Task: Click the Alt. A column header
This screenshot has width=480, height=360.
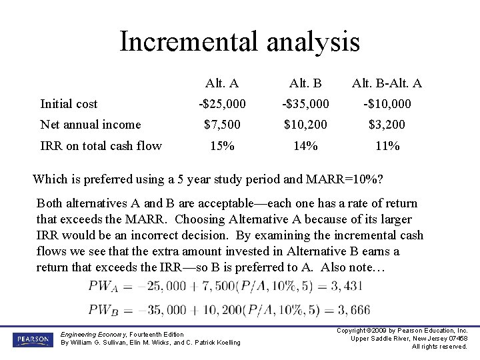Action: click(222, 83)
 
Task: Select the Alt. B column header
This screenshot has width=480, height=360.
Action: click(305, 83)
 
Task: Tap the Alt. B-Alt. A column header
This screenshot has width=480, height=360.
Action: click(387, 83)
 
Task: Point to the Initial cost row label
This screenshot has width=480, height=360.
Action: click(69, 104)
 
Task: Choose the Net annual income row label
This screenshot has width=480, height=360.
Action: click(91, 125)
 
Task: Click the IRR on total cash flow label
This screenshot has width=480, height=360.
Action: click(101, 146)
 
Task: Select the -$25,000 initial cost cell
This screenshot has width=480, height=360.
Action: click(222, 104)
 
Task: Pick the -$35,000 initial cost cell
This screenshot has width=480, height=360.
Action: click(305, 104)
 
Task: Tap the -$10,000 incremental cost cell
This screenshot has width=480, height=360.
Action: click(387, 104)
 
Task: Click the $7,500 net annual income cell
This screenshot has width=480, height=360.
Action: click(222, 125)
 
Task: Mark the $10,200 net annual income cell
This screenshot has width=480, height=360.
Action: click(305, 125)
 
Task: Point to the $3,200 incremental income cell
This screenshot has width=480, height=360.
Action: click(387, 125)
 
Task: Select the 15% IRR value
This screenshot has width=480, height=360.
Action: click(222, 146)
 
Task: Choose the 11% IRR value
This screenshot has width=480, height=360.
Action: click(387, 146)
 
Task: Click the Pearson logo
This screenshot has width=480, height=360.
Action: click(31, 339)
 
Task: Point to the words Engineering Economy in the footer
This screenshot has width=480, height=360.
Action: click(90, 334)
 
